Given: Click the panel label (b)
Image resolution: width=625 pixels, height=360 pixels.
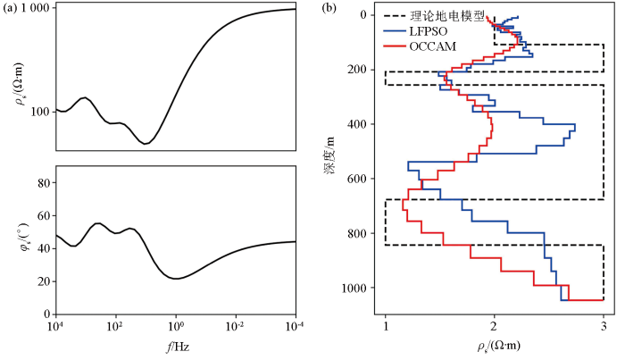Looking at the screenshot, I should coord(329,8).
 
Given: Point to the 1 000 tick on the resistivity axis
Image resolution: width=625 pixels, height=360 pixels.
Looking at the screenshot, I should coord(34,8).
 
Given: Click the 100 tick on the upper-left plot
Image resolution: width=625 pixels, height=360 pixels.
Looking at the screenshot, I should coord(39,112).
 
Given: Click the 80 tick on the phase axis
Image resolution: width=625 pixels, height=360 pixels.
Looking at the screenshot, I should coord(43,183).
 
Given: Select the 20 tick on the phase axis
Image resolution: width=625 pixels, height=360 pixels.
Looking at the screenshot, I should coord(43,281).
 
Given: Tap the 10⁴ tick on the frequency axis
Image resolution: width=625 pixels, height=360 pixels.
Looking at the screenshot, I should coord(55,328).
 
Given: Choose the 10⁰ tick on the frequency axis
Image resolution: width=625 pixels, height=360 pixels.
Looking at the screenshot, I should coord(176,328).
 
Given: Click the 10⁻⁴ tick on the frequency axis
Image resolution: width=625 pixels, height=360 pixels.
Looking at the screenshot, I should coord(295,328).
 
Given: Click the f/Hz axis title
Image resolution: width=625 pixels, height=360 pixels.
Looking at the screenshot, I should coord(176,345).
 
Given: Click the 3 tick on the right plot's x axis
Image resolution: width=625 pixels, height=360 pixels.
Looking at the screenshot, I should coord(604,328).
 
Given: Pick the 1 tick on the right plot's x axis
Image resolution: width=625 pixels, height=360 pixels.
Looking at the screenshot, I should coord(385,328).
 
